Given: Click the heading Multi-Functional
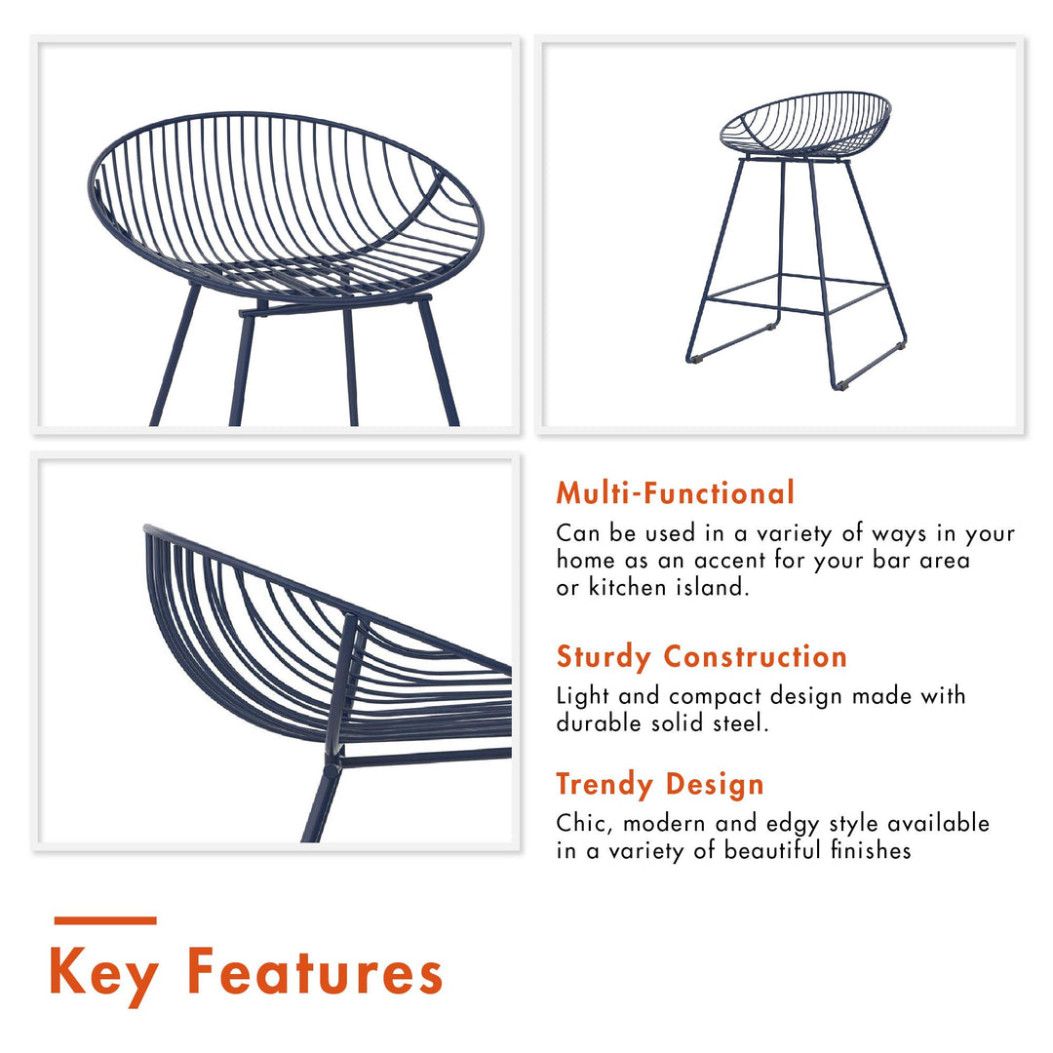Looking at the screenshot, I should click(675, 493).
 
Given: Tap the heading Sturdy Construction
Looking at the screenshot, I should click(701, 657).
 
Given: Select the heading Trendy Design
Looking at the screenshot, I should click(660, 784).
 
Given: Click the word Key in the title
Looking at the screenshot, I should click(104, 973).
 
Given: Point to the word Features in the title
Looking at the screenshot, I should click(314, 972).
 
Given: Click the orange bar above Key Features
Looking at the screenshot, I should click(104, 920).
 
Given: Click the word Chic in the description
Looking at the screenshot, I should click(582, 823).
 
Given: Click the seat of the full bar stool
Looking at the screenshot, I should click(805, 125).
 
